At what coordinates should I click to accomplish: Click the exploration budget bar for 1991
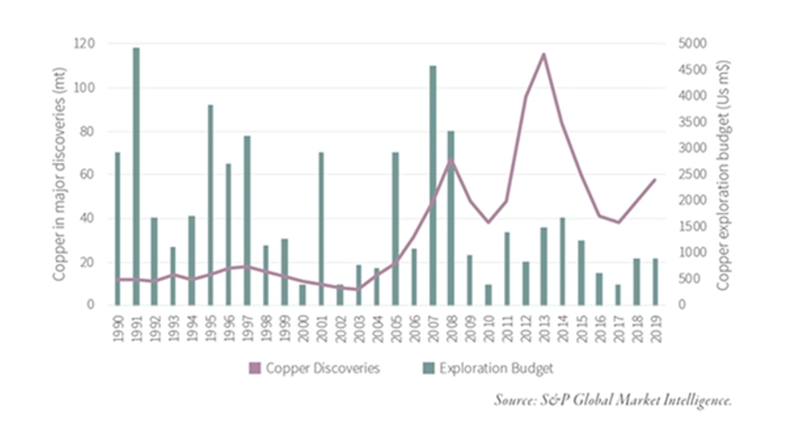(136, 176)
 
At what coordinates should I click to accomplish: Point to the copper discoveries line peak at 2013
(543, 54)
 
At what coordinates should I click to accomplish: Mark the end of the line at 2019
(655, 180)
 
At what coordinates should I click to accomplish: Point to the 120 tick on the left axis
(84, 43)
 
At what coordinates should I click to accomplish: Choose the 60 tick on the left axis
(87, 174)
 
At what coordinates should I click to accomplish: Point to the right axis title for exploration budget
(723, 174)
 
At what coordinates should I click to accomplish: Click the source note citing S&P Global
(614, 400)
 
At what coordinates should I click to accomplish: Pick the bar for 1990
(118, 228)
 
